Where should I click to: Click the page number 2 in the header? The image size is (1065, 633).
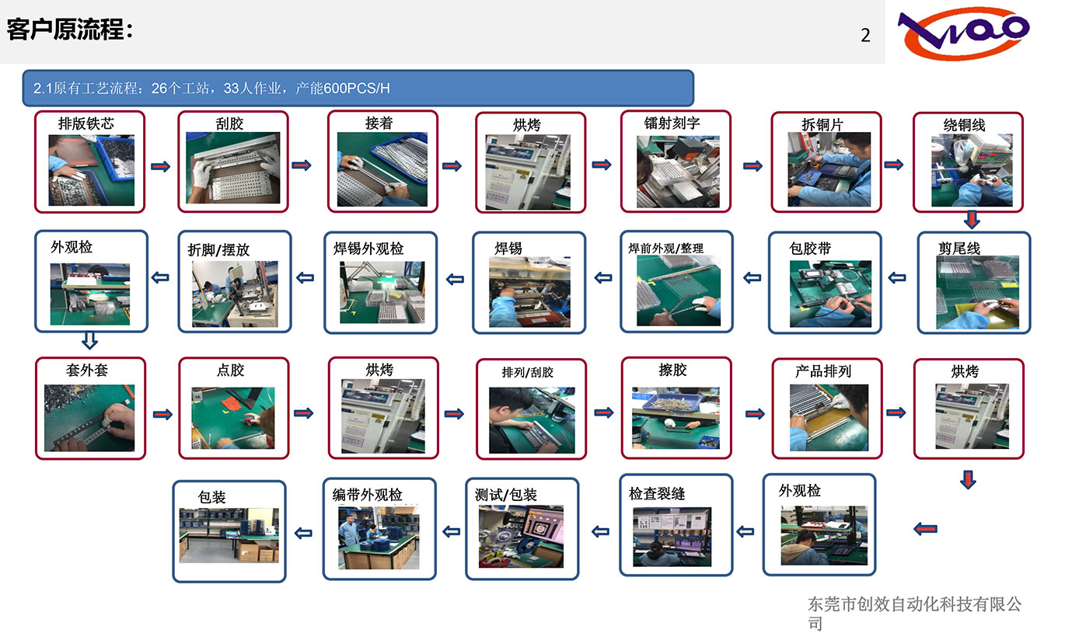click(x=865, y=35)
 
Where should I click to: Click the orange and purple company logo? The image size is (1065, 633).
click(x=963, y=33)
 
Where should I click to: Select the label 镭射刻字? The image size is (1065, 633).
click(x=672, y=123)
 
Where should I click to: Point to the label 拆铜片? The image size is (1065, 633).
click(x=822, y=124)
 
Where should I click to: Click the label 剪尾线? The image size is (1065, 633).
click(x=959, y=248)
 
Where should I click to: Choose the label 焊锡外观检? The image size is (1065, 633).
click(x=368, y=248)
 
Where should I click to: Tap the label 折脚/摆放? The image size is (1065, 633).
click(x=218, y=249)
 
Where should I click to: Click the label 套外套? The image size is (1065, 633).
click(x=87, y=370)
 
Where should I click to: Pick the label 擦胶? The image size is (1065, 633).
click(x=672, y=370)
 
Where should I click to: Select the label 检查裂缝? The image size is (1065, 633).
click(x=657, y=493)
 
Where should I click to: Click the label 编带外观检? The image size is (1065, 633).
click(x=368, y=494)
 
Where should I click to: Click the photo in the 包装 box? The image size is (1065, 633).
click(x=229, y=535)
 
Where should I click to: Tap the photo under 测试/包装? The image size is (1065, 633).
click(x=521, y=536)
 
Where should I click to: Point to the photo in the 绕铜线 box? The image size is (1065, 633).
click(x=972, y=170)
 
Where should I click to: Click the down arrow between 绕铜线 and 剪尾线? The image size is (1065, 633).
click(x=972, y=219)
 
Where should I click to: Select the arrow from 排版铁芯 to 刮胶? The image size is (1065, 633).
click(x=161, y=166)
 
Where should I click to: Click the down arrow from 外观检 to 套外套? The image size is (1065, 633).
click(x=89, y=340)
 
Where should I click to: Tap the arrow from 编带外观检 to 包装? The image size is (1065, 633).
click(x=303, y=534)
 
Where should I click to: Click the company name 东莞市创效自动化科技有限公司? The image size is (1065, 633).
click(x=915, y=613)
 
